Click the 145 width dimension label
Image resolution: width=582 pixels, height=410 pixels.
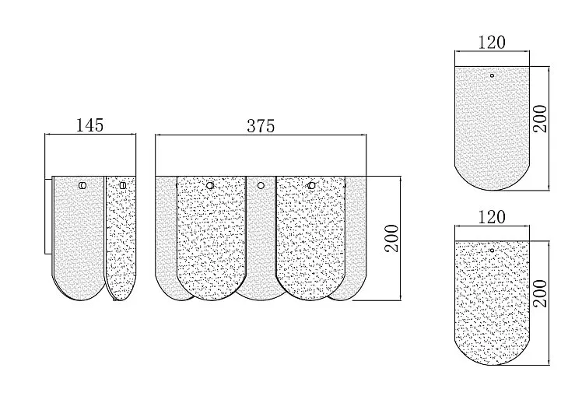[89, 125]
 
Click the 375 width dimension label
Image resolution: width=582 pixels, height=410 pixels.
[261, 126]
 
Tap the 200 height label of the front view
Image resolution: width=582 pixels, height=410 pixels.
[391, 238]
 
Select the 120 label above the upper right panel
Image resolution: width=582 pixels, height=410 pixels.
[492, 42]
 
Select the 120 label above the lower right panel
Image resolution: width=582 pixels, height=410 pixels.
[492, 217]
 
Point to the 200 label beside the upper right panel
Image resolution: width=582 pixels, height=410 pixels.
[541, 119]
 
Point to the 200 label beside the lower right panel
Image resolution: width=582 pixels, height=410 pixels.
[541, 293]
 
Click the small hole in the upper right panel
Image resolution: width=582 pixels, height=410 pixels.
[492, 75]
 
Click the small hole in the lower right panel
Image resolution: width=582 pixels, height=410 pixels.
[492, 251]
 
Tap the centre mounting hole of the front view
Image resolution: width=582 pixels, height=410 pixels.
[261, 185]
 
